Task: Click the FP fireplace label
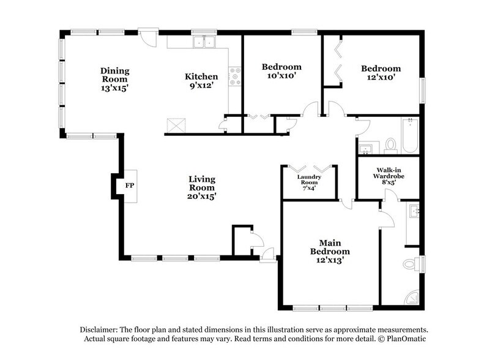pyautogui.click(x=129, y=184)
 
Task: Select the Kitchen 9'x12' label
pyautogui.click(x=201, y=81)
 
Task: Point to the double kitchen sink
pyautogui.click(x=204, y=42)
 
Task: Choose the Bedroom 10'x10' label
pyautogui.click(x=282, y=71)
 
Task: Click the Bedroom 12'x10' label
pyautogui.click(x=380, y=73)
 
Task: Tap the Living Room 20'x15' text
pyautogui.click(x=201, y=187)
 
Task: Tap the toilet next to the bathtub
pyautogui.click(x=390, y=146)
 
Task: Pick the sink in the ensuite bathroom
pyautogui.click(x=415, y=212)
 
